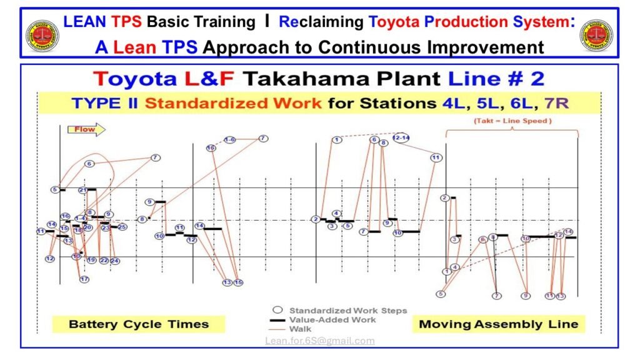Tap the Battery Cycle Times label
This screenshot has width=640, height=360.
139,324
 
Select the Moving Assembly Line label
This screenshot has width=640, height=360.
498,324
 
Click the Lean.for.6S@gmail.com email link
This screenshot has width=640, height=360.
319,341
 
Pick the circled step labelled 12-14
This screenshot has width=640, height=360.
401,137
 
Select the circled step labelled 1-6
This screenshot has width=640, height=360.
229,139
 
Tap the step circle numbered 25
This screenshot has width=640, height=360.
122,227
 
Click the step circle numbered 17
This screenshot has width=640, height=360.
84,279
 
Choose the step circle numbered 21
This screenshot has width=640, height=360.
83,190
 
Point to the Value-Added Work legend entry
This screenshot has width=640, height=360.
332,319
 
